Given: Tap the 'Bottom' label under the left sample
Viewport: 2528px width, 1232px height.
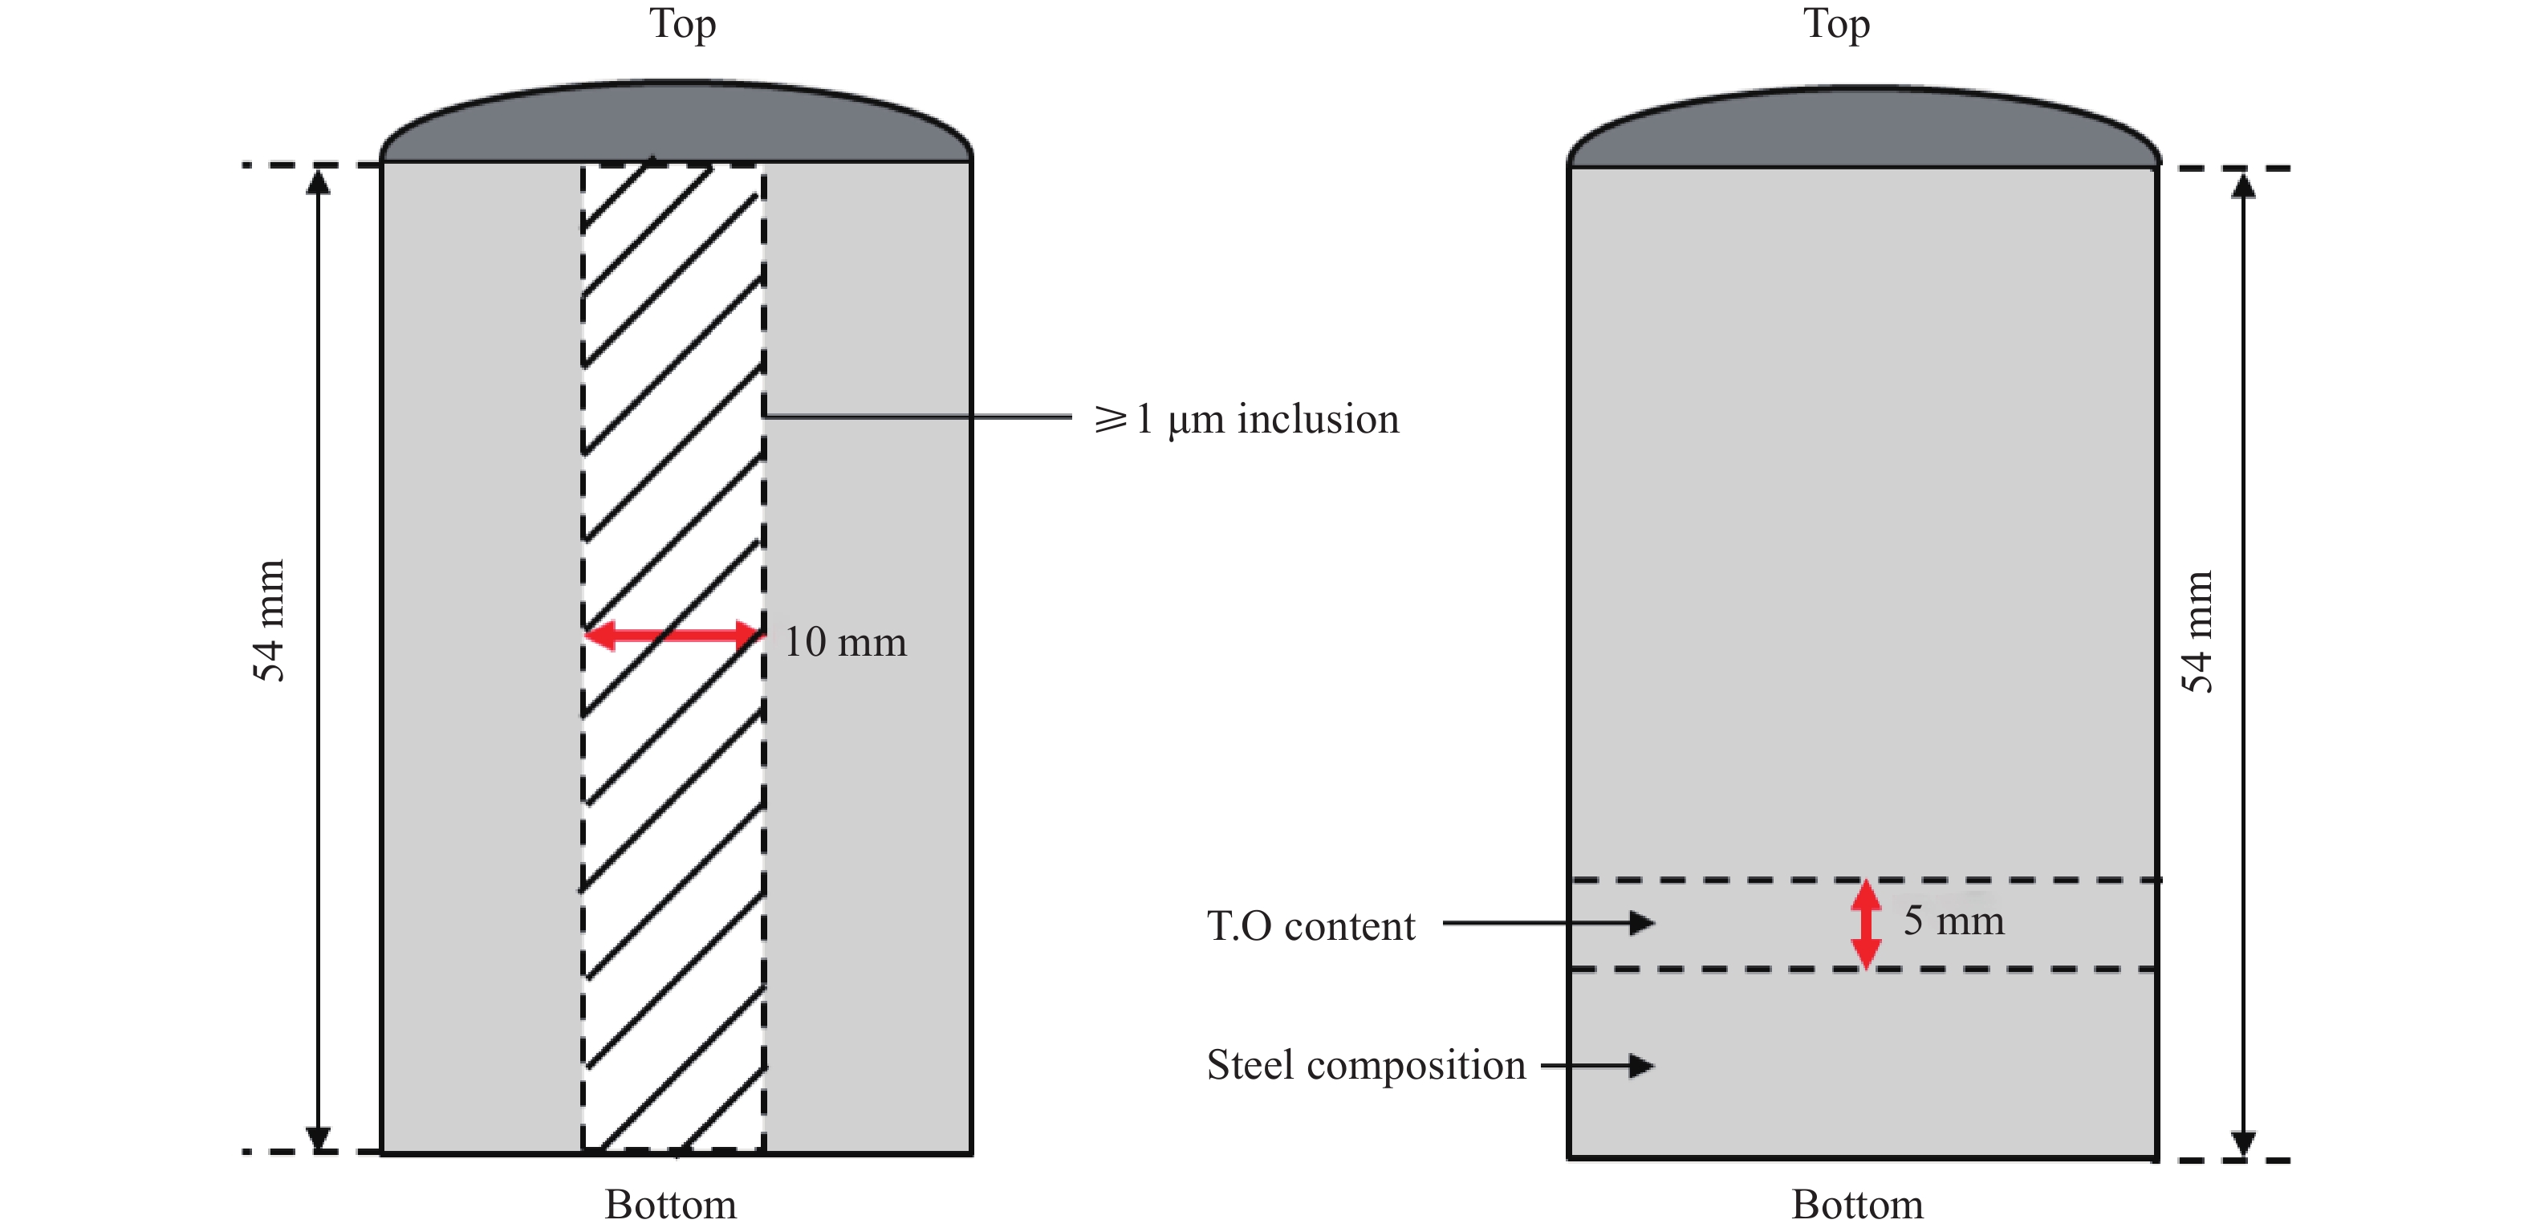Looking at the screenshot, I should pos(670,1205).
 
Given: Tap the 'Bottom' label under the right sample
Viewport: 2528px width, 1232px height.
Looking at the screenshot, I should pos(1857,1205).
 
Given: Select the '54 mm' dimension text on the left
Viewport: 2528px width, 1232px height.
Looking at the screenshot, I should pos(268,620).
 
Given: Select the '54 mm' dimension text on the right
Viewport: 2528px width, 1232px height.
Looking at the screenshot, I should pos(2197,631).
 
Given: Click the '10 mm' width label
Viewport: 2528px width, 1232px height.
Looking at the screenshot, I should pos(845,642).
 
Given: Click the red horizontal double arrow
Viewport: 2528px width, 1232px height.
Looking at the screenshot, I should pos(673,635).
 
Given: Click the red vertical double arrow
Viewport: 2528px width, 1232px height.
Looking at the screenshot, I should pos(1866,924).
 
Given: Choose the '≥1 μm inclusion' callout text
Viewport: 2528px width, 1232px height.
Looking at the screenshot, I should pos(1246,419).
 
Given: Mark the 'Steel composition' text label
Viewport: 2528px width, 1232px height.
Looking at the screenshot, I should pos(1365,1065).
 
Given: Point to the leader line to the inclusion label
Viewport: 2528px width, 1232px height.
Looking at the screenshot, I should pos(917,417).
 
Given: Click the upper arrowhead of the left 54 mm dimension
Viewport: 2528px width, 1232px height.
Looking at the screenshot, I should pos(318,182).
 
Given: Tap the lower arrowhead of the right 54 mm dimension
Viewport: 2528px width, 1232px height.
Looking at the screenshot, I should pos(2243,1144).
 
